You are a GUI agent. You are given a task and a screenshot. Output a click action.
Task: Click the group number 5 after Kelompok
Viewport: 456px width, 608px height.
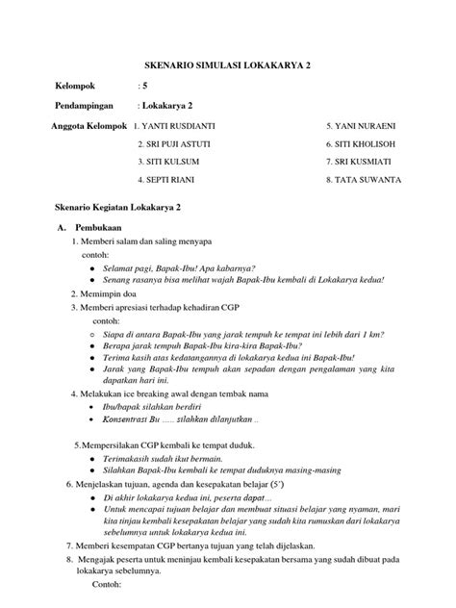pos(142,86)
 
